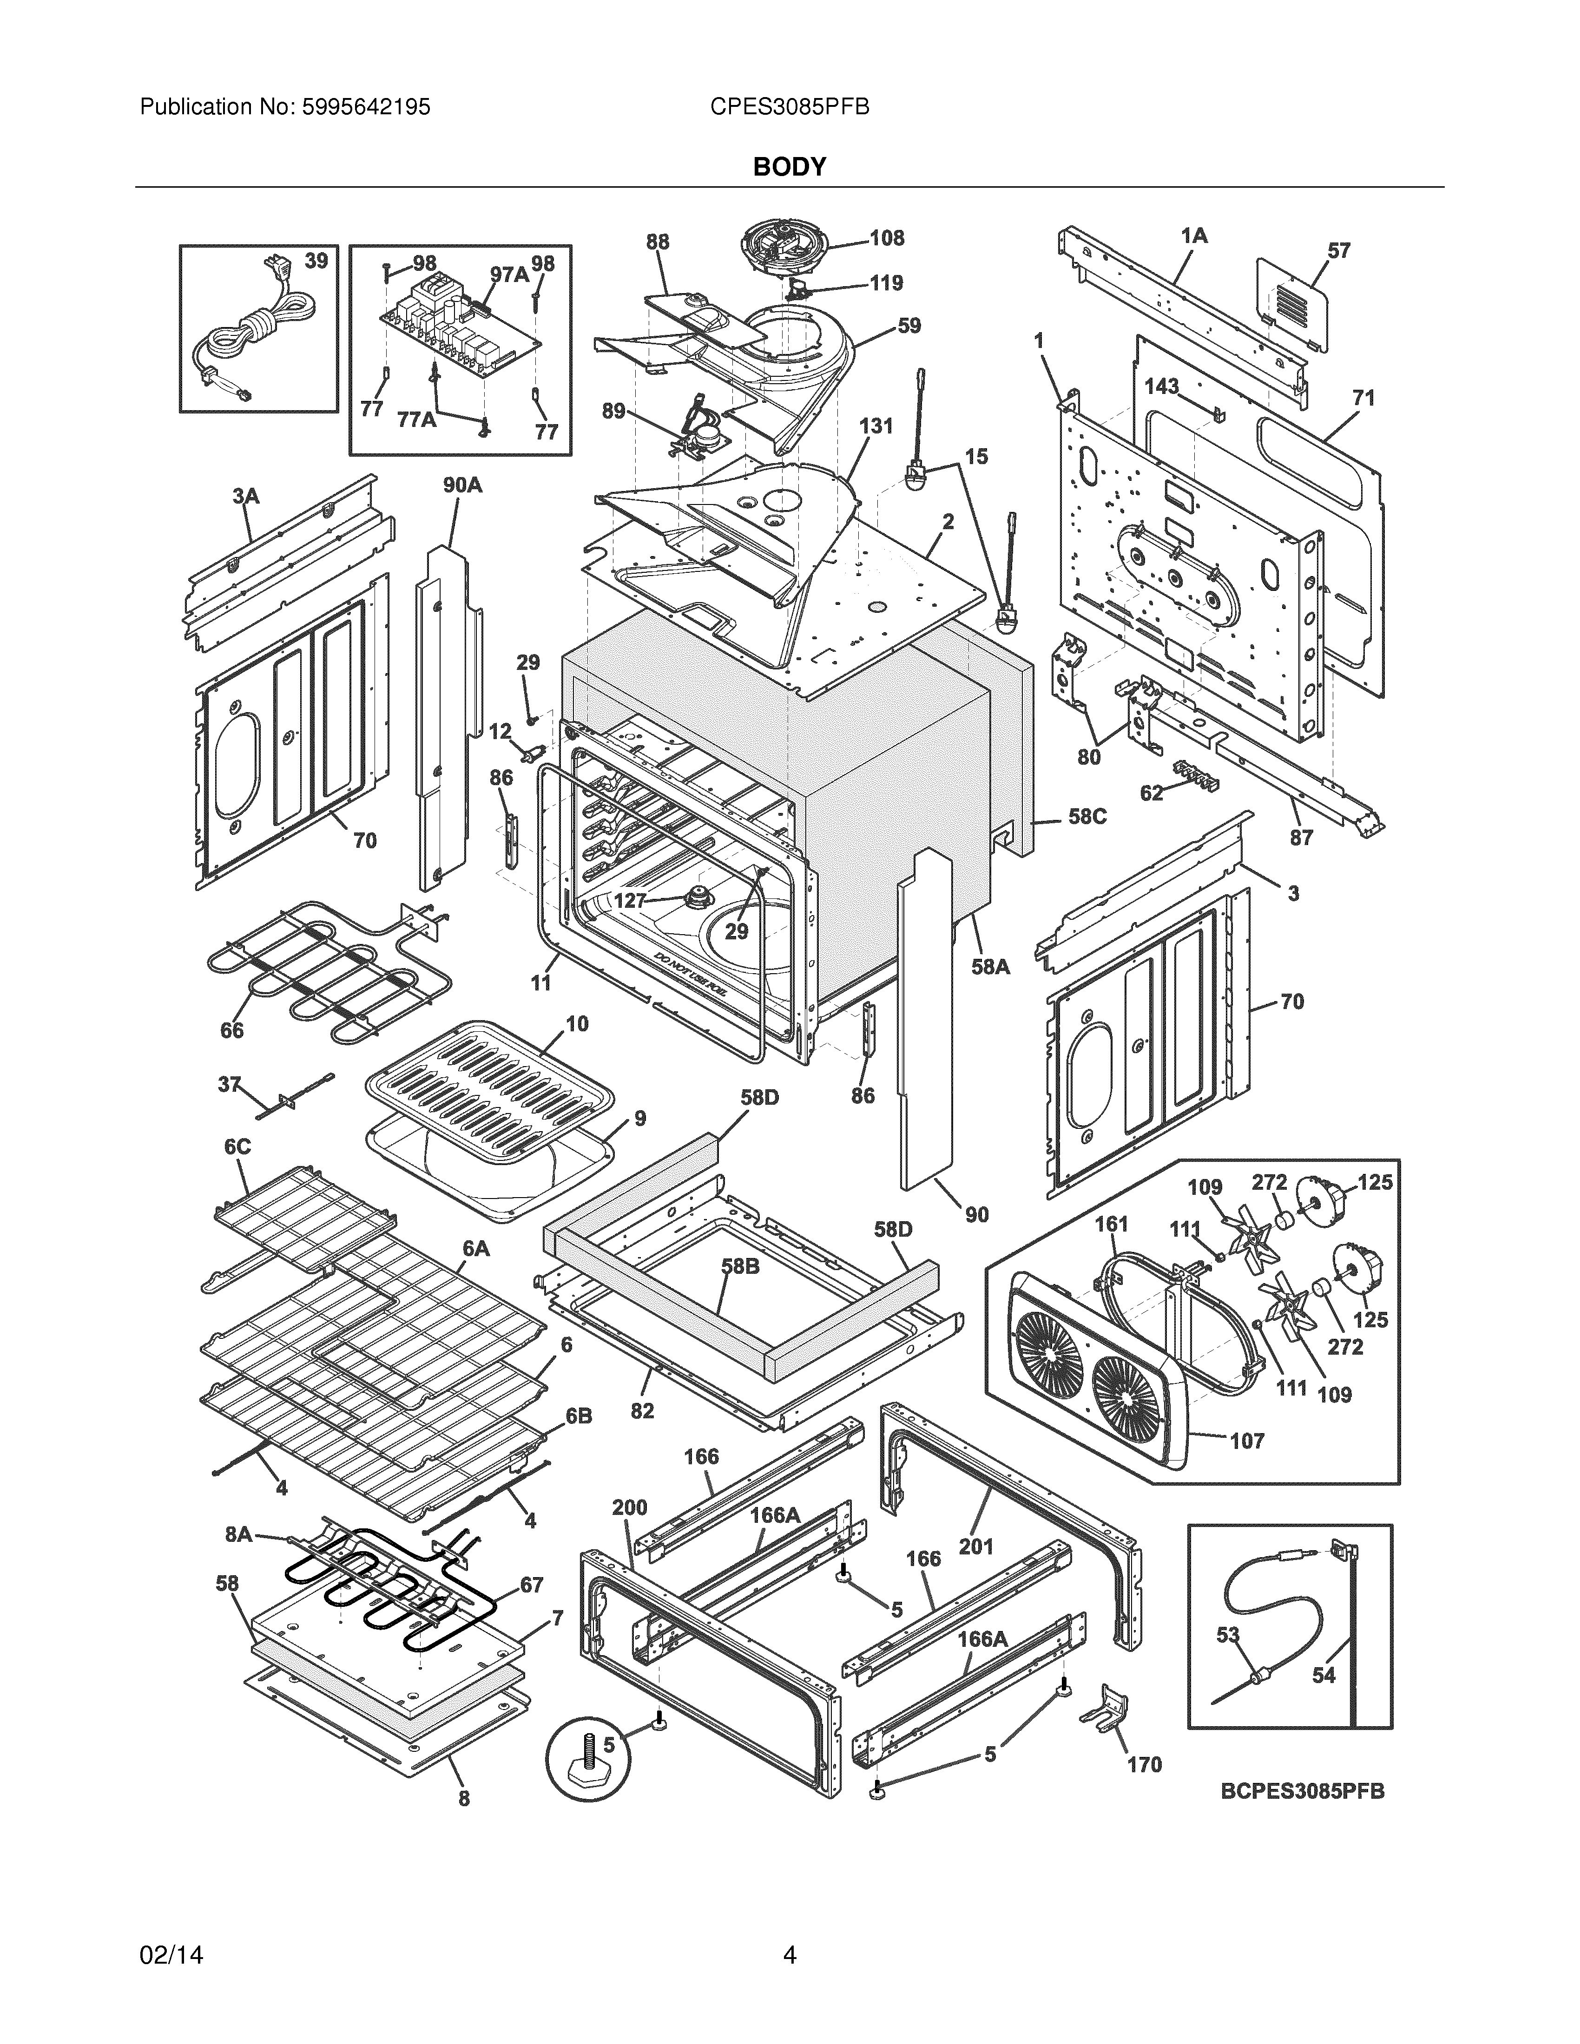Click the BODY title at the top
[x=789, y=167]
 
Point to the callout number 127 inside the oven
[x=630, y=900]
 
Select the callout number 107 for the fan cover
[x=1247, y=1441]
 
